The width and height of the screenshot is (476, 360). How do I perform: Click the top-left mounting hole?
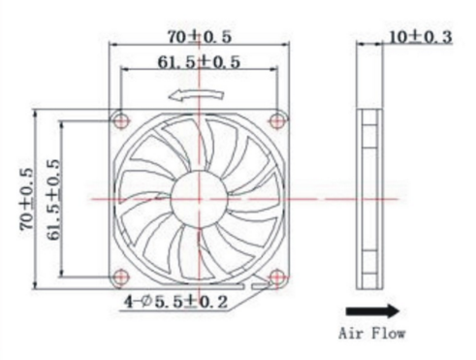click(x=121, y=121)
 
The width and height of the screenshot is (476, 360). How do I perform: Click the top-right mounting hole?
click(x=277, y=121)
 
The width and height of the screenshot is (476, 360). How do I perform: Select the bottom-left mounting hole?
click(x=121, y=277)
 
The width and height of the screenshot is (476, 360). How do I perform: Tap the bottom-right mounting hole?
click(x=276, y=277)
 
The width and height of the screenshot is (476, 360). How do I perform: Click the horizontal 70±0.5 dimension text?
click(x=200, y=37)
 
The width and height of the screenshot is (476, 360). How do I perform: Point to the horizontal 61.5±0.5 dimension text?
click(x=199, y=62)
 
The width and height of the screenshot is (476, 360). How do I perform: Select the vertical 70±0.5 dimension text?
click(x=27, y=199)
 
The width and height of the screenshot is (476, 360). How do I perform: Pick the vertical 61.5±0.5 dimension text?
click(x=53, y=199)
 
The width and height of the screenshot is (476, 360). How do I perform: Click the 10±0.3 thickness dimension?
click(x=420, y=37)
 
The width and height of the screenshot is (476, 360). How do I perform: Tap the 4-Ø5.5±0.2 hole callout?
click(x=176, y=302)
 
